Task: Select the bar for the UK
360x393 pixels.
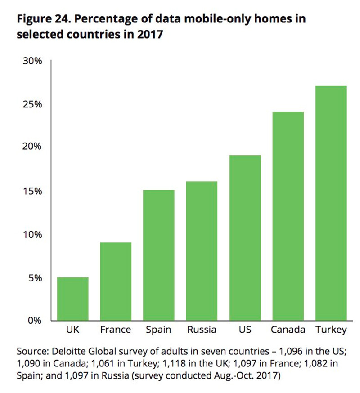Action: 73,299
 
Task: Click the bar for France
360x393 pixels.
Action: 116,281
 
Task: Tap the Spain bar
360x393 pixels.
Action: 159,255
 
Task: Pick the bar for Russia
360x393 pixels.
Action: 202,251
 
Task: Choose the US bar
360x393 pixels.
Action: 245,238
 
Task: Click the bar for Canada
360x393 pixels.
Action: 288,216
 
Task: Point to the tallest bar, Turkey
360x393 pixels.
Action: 331,203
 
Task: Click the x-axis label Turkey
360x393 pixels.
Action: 331,330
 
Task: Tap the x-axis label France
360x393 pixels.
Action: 116,330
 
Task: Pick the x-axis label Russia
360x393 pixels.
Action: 202,330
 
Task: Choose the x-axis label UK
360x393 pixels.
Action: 73,330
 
